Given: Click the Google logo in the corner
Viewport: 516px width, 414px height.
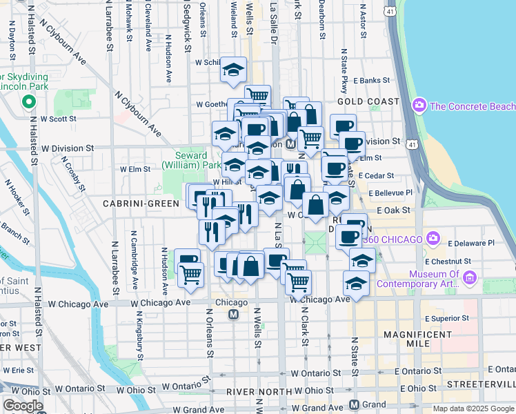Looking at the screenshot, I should coord(23,406).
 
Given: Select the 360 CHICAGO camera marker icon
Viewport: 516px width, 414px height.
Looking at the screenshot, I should coord(433,239).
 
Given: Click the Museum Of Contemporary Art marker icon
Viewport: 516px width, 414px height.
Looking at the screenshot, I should coord(470,278).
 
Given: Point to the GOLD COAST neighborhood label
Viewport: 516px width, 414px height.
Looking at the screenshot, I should coord(367,101).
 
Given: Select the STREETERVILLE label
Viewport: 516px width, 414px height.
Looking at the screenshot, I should coord(481,384).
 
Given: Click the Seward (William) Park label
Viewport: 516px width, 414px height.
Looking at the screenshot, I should coord(192,161).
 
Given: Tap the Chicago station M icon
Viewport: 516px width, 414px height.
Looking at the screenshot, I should coord(233,315).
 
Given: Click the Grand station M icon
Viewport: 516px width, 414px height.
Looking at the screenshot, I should coord(354,404).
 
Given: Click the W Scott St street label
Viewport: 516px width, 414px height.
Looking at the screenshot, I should coord(58,119).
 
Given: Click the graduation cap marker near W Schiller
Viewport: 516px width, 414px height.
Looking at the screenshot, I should coord(234,70).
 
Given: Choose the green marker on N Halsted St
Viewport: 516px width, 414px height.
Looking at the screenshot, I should coord(28,103).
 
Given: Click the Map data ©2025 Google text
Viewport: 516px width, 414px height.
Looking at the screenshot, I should coord(472,408).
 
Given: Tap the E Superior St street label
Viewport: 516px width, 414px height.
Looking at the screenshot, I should coord(448,318).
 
